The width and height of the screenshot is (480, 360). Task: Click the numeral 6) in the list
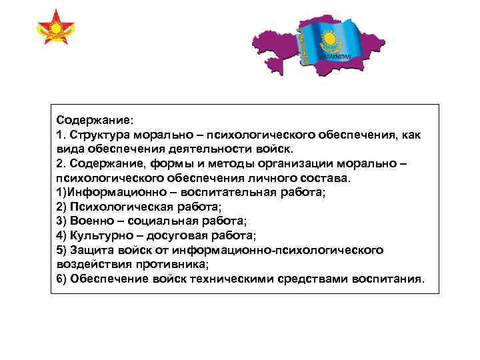click(x=62, y=279)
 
